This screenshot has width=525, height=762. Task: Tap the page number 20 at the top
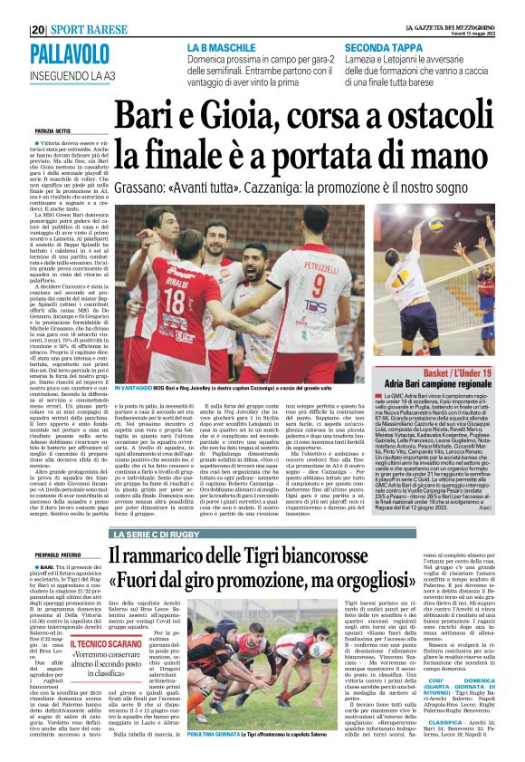[37, 29]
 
